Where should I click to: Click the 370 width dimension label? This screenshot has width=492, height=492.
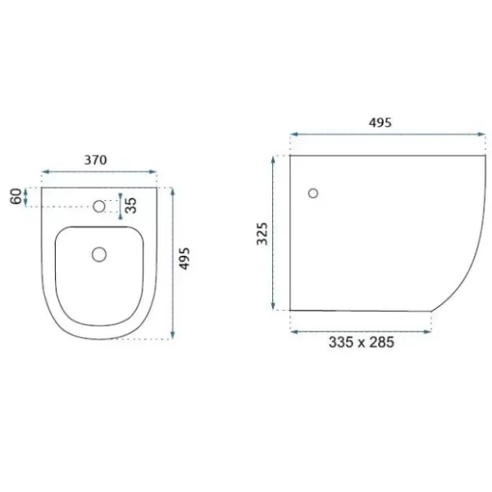click(x=96, y=160)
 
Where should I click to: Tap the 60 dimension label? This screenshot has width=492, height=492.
click(x=16, y=197)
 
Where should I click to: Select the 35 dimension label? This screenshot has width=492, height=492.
click(x=131, y=206)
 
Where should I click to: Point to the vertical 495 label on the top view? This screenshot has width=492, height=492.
click(x=184, y=258)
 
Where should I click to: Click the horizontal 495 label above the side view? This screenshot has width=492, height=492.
click(x=380, y=123)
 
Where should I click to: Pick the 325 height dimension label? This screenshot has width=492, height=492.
click(x=262, y=234)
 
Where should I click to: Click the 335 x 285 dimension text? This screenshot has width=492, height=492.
click(x=361, y=342)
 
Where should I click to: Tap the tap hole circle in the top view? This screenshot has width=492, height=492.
click(x=99, y=206)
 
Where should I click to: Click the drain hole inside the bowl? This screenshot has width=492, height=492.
click(x=99, y=254)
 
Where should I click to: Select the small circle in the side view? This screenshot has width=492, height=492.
click(x=313, y=194)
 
